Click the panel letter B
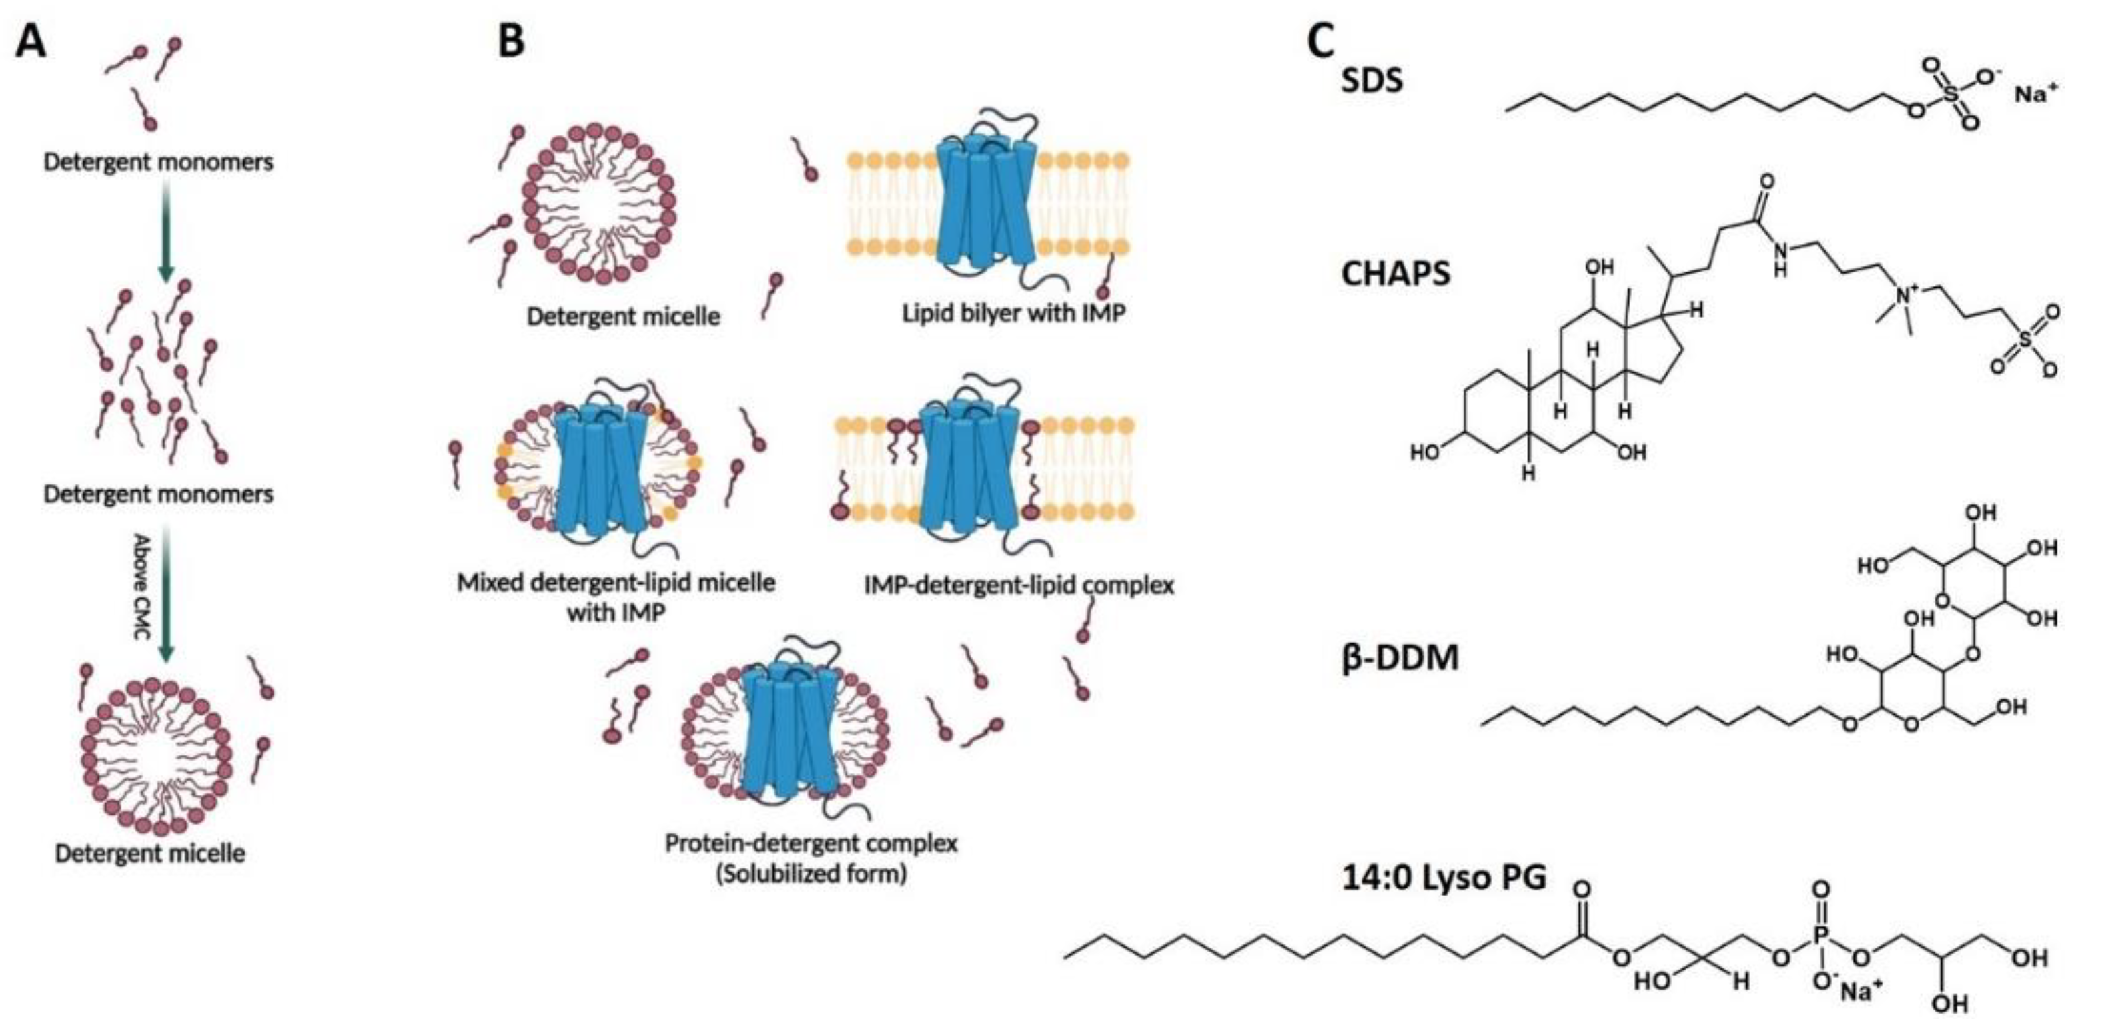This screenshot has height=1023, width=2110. point(511,41)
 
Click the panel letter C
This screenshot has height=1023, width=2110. point(1320,41)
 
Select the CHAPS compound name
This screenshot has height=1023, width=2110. point(1395,273)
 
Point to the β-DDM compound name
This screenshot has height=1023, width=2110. point(1400,658)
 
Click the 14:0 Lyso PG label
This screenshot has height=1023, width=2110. point(1444,878)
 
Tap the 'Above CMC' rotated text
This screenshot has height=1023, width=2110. point(141,586)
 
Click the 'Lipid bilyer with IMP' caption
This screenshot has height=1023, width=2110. point(1013,313)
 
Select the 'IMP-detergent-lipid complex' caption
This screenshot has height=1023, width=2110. point(1018,585)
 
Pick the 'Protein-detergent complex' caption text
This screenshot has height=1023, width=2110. point(811,843)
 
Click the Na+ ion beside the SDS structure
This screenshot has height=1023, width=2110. point(2035,93)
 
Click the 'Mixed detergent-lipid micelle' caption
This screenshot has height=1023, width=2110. point(615,583)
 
